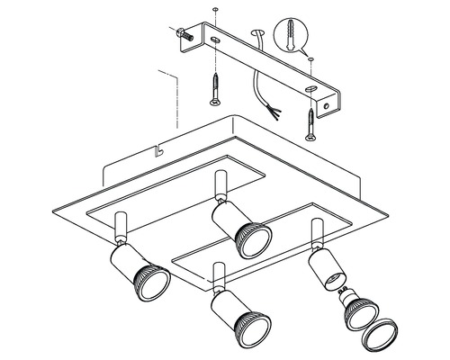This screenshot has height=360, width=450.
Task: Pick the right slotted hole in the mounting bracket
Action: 310,88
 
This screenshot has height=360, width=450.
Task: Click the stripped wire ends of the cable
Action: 274,112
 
